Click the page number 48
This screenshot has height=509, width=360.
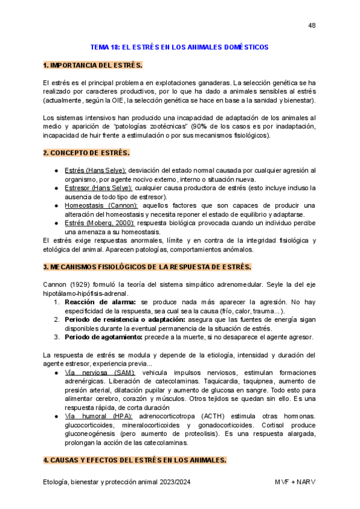click(311, 25)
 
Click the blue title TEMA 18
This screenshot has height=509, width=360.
click(179, 47)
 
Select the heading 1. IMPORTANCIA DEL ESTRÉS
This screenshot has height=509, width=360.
click(92, 65)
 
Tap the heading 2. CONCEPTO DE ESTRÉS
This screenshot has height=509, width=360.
click(86, 153)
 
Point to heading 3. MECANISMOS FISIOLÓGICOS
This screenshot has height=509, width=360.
click(147, 267)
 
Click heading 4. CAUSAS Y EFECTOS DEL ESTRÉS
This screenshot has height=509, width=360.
click(134, 460)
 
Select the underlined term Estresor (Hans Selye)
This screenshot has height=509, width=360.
click(98, 188)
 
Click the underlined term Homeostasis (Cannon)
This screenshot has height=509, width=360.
click(100, 205)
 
